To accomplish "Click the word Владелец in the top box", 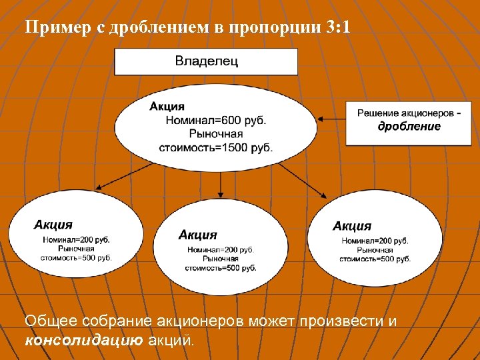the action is point(207,61).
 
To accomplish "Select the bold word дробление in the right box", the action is point(409,126).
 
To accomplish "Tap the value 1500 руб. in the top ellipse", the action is point(244,147).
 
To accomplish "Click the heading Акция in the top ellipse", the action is point(167,107).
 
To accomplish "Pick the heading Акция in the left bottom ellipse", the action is point(53,225).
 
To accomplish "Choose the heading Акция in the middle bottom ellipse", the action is point(197,235).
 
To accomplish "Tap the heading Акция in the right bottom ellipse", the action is point(352,226).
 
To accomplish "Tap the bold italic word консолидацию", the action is point(83,341).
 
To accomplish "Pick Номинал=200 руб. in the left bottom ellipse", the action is point(77,239).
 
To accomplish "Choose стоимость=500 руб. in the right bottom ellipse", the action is point(375,259).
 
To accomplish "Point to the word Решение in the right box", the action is point(381,113).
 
